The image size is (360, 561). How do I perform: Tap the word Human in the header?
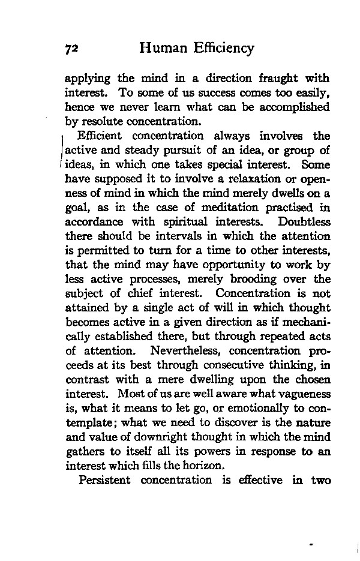point(163,47)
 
